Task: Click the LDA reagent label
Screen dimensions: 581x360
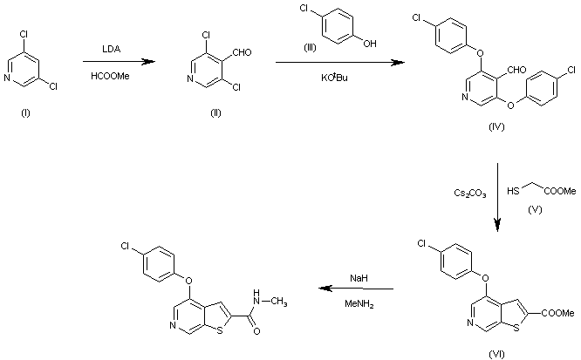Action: (x=111, y=50)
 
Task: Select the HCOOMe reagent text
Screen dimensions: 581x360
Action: (x=110, y=76)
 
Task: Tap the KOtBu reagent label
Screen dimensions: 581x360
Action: (x=334, y=78)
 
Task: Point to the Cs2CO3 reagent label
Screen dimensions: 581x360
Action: (x=470, y=194)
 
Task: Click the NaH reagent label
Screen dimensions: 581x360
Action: (x=359, y=278)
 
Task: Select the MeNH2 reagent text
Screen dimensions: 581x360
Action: (x=359, y=304)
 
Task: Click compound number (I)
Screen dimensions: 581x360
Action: (x=25, y=113)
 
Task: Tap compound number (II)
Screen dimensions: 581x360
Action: (x=215, y=113)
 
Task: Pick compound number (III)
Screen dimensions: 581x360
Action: (x=310, y=48)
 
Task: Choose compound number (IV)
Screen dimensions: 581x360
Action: (x=496, y=127)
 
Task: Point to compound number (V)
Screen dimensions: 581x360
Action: (x=535, y=209)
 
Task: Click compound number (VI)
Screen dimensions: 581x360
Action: (x=496, y=355)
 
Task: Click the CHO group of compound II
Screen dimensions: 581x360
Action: (x=242, y=52)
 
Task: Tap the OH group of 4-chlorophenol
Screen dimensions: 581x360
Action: (x=369, y=44)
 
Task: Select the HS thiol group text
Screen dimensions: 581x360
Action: (x=513, y=191)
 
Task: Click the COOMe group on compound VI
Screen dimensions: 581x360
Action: (x=558, y=313)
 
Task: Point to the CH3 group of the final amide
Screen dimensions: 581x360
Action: (x=278, y=302)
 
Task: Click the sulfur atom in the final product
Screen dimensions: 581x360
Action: (x=220, y=330)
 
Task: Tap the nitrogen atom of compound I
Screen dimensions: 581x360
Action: (x=7, y=78)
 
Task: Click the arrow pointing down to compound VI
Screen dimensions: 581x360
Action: (x=497, y=197)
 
